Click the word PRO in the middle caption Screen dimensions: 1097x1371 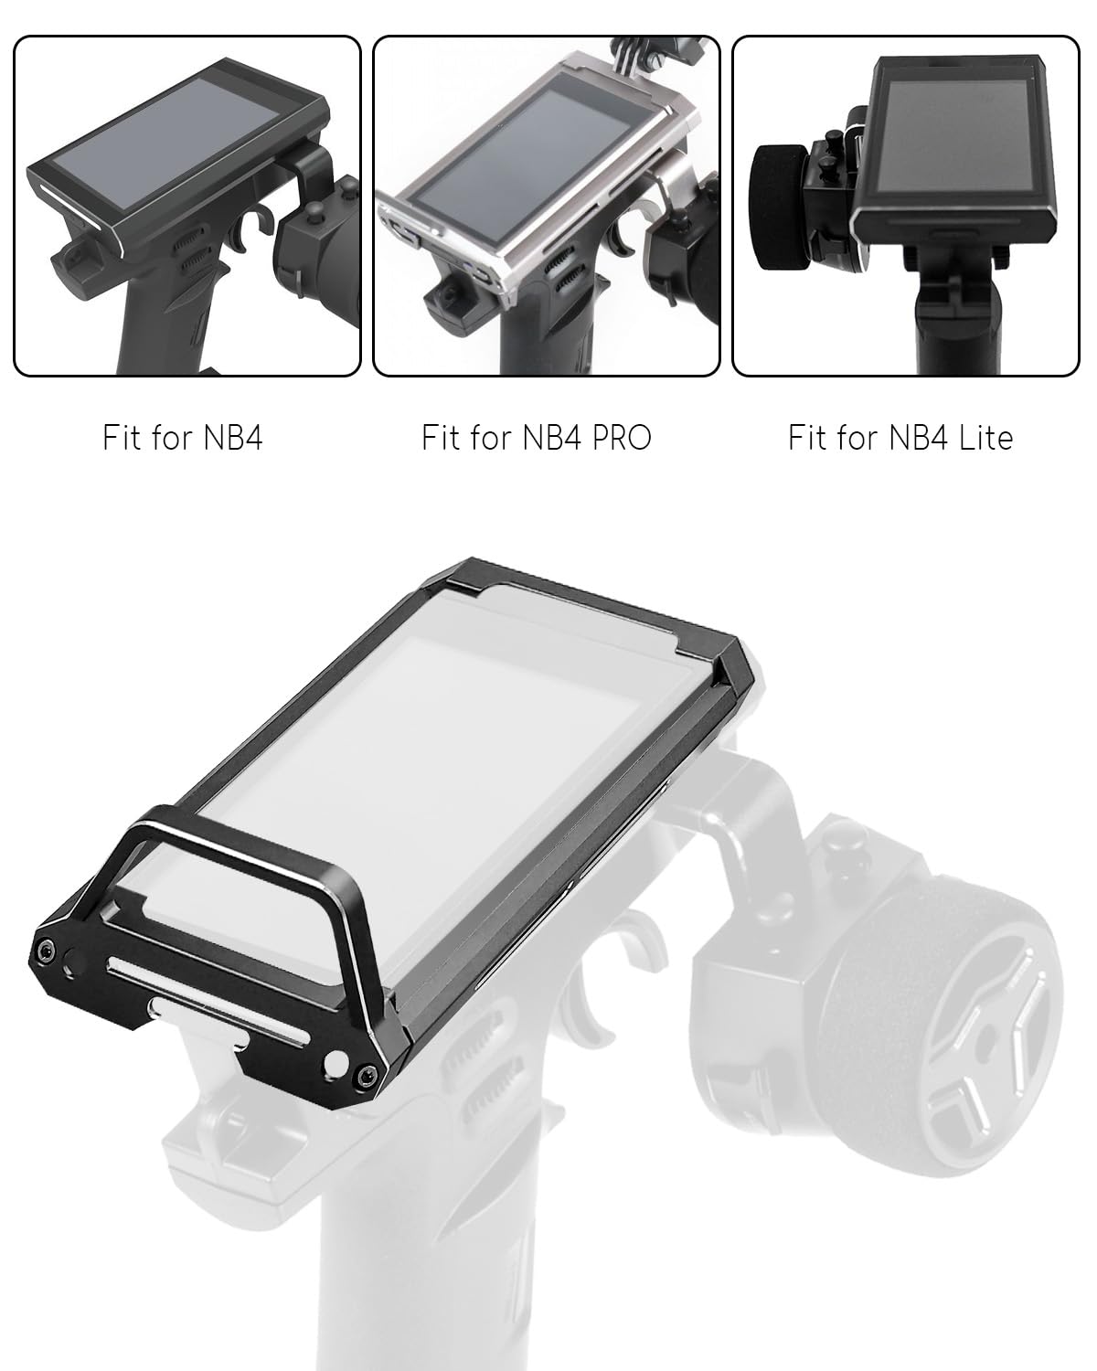622,438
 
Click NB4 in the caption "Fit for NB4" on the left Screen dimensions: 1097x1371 233,438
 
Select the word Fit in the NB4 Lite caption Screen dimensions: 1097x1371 807,438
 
